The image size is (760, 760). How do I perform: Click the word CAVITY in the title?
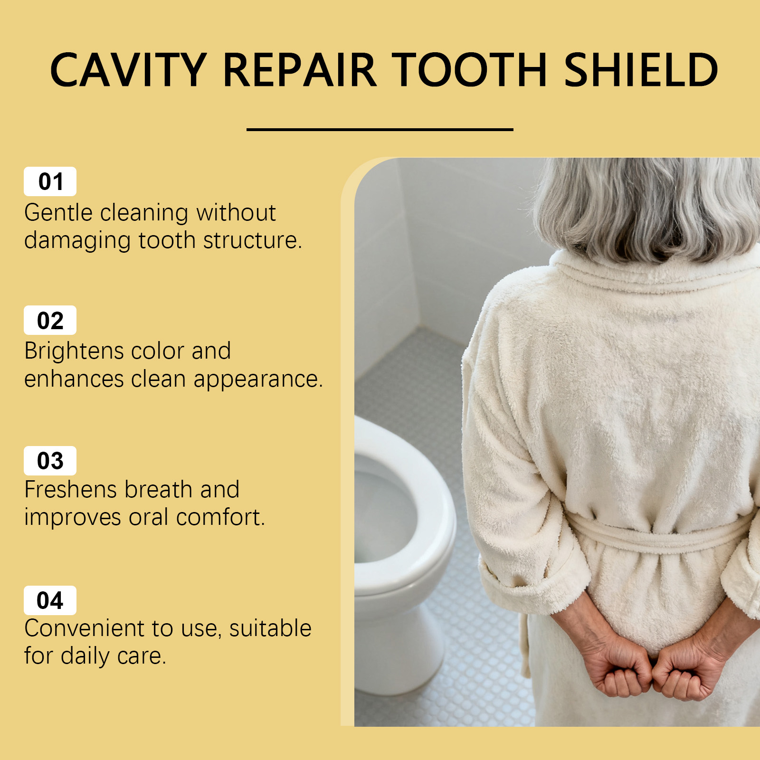pos(128,70)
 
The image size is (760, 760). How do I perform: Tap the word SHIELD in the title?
pos(641,70)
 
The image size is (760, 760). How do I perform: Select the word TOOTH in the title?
pos(470,70)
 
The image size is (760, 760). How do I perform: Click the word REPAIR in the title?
pos(299,70)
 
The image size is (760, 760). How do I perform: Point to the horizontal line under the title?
pos(380,129)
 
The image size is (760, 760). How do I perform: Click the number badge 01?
pos(50,181)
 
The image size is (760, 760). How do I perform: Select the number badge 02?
pos(50,320)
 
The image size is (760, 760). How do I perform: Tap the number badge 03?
pos(50,461)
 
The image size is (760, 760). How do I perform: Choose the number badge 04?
pos(50,600)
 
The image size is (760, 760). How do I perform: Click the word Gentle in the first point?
pos(58,213)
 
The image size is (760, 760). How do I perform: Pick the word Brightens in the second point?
pos(74,352)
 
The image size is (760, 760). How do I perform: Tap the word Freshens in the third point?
pos(71,490)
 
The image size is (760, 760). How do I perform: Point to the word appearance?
pos(258,380)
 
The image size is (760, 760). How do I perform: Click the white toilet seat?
pos(404,508)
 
